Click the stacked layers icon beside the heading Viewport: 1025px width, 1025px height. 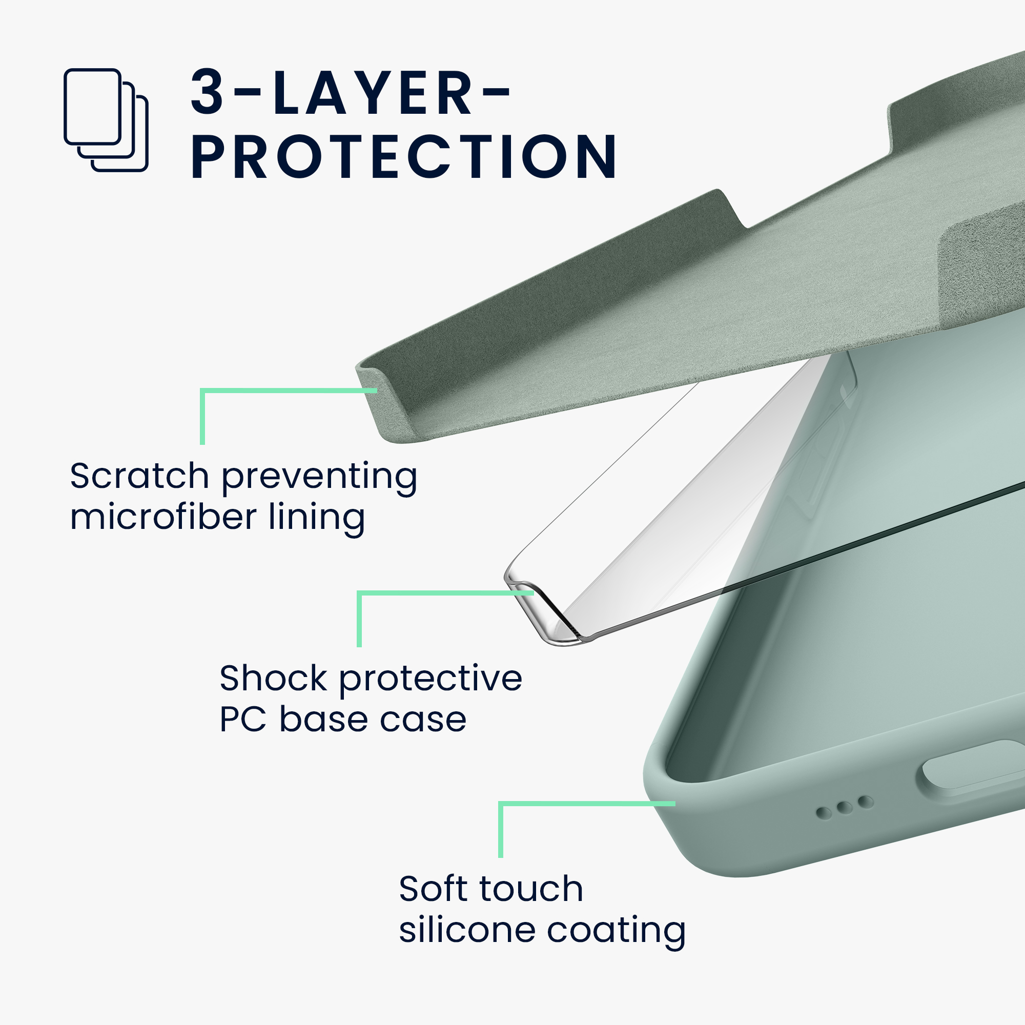coord(106,120)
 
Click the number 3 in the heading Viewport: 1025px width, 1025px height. coord(208,92)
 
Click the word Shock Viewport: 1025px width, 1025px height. coord(273,678)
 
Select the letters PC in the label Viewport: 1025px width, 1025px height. coord(243,720)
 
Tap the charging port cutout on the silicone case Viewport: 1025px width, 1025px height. coord(970,768)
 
